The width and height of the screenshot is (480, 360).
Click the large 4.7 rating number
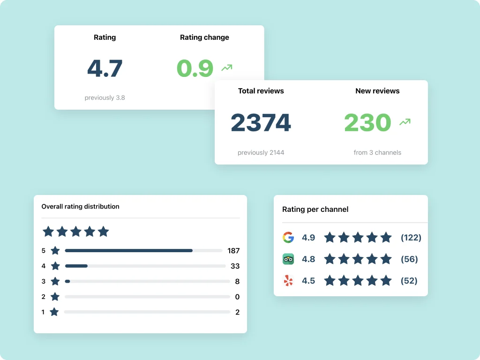coord(105,68)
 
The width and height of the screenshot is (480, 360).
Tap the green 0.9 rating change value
coord(195,68)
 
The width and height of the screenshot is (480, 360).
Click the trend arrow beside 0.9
coord(227,68)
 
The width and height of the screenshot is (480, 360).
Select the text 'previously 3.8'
coord(105,97)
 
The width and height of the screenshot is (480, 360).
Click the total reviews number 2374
coord(261,123)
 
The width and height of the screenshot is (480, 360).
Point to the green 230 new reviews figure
coord(367,123)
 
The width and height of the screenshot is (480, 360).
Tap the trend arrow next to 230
coord(405,122)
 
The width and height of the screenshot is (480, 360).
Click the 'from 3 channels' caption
coord(377,152)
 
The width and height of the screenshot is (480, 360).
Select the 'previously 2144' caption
coord(261,152)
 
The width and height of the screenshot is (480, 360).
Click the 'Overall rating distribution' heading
coord(80,206)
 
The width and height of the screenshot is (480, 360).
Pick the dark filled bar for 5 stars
coord(128,251)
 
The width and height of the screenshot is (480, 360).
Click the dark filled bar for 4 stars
coord(76,266)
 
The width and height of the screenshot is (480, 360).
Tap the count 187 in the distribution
coord(233,251)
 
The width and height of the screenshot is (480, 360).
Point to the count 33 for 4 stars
coord(235,266)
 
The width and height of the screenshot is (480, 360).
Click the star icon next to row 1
coord(54,312)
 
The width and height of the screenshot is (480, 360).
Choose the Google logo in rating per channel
coord(288,238)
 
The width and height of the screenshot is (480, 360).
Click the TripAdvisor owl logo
coord(288,259)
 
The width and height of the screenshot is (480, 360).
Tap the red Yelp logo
coord(288,281)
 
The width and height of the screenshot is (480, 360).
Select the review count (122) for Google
coord(411,238)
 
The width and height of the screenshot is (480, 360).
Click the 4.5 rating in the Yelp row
coord(308,281)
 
